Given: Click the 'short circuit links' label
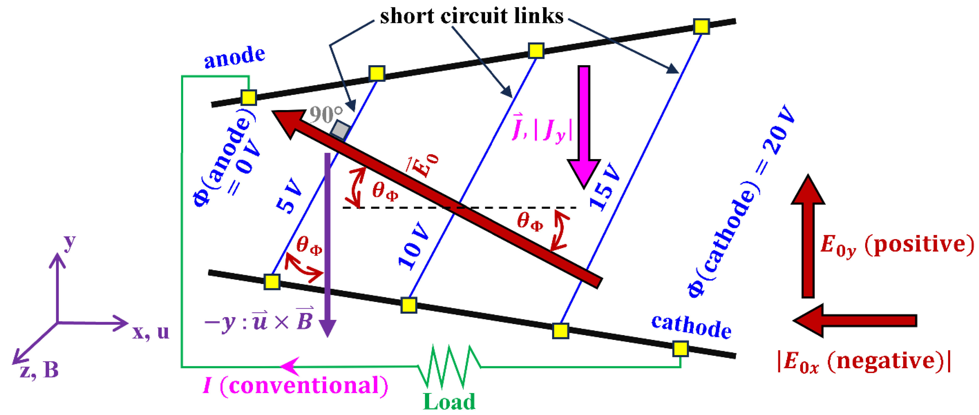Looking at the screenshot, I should pos(471,16).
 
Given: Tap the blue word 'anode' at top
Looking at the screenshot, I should pos(234,57).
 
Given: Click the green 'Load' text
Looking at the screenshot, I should pos(449,402).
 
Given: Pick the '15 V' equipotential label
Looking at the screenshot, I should pos(605,186).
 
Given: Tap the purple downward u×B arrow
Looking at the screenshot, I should pos(327,243).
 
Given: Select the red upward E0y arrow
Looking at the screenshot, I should pos(808,235).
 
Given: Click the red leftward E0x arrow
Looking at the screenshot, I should pos(855,320).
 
